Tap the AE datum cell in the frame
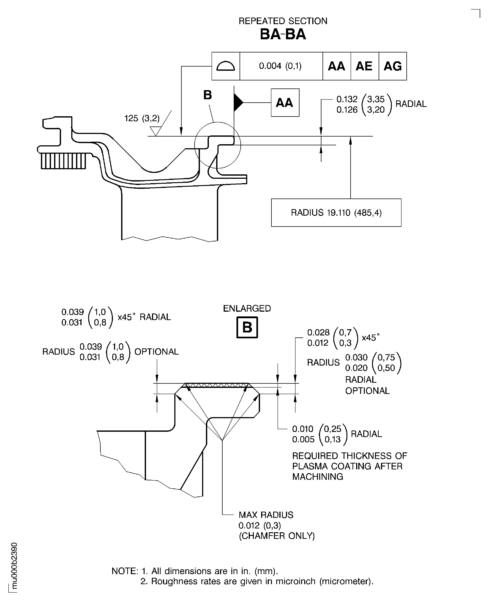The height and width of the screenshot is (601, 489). [364, 66]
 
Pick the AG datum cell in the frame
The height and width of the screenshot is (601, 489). [392, 66]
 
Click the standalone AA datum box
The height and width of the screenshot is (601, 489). [285, 103]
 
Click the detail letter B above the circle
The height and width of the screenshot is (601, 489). [208, 95]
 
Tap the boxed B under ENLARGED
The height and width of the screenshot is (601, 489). [247, 327]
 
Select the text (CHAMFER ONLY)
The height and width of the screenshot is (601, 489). [277, 536]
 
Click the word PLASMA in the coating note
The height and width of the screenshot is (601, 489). [310, 466]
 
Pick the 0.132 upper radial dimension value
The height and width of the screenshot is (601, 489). [347, 99]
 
